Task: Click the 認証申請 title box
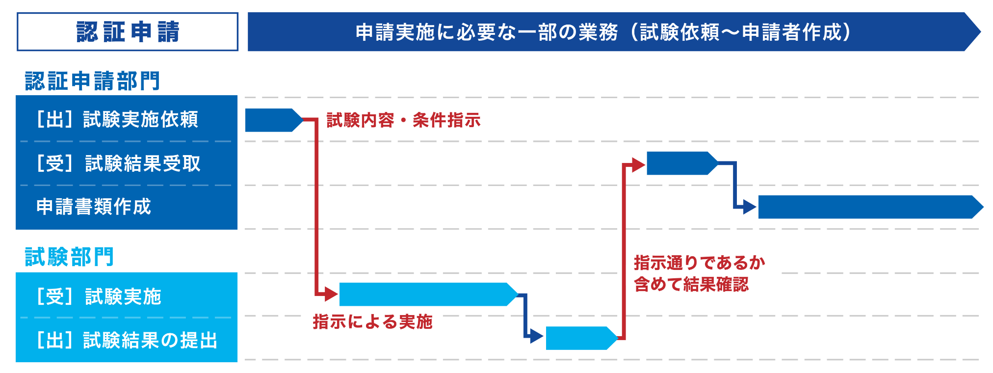(128, 32)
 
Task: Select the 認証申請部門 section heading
(92, 81)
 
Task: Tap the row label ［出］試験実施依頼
(118, 119)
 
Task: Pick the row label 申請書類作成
(94, 207)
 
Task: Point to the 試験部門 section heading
(69, 257)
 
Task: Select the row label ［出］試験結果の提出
(127, 340)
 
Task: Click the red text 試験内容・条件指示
(403, 120)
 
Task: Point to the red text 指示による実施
(372, 322)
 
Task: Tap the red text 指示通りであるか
(699, 263)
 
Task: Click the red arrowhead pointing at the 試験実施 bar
(331, 294)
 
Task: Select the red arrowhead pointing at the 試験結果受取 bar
(638, 165)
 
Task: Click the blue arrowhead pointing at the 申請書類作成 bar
(749, 207)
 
